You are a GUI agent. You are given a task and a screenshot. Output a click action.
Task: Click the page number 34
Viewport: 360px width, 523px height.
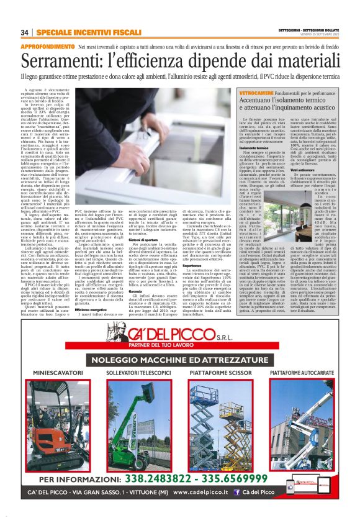[25, 32]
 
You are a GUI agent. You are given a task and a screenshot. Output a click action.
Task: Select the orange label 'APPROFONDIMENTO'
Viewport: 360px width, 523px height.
[48, 47]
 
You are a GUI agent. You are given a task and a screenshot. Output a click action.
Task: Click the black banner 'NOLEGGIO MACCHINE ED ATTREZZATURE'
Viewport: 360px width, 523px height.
[180, 359]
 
